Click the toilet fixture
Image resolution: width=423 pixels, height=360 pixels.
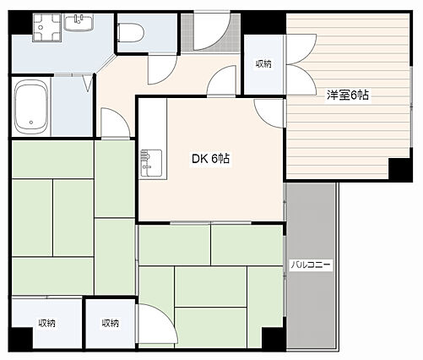(130, 33)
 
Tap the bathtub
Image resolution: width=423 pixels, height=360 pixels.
(30, 106)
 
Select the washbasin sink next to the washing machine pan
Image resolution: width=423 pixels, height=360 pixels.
(79, 23)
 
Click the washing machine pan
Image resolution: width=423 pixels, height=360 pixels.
(47, 27)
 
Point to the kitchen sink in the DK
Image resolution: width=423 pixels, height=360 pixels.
(151, 163)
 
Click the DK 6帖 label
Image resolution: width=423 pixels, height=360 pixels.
(210, 159)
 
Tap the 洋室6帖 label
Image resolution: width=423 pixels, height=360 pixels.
(348, 95)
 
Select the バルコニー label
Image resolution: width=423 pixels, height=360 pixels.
(311, 265)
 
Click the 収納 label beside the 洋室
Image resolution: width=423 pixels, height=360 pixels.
(263, 64)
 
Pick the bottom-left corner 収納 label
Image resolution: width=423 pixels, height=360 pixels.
(47, 323)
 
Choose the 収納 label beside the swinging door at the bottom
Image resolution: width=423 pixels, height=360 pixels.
(111, 323)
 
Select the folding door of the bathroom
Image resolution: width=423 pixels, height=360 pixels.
(89, 83)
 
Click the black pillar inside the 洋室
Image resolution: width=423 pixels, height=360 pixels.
(399, 169)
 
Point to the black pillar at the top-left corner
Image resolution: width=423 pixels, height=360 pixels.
(20, 23)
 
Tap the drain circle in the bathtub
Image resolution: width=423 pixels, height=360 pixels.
(31, 123)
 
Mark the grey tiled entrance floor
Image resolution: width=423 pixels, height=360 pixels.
(210, 33)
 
